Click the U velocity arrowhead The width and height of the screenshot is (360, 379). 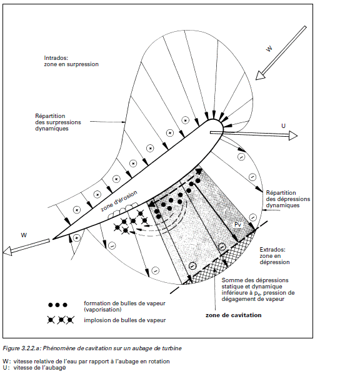[x=293, y=135]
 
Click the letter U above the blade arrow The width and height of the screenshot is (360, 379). [x=283, y=126]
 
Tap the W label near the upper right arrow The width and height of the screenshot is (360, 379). [x=269, y=49]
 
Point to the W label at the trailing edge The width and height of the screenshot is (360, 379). [x=24, y=235]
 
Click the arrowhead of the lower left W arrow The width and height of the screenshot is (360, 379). [x=7, y=251]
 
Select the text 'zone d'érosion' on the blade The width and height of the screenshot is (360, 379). [x=119, y=201]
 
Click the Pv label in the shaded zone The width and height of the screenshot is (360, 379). [x=238, y=225]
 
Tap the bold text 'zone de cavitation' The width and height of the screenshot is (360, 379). [x=234, y=315]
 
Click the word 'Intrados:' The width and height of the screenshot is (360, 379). [x=56, y=58]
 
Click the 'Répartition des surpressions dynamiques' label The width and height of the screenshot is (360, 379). [x=58, y=122]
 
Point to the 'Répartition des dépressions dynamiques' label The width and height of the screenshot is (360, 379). [x=288, y=199]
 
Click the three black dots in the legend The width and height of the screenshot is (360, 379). [x=57, y=305]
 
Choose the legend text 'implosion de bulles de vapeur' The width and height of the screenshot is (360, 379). [x=125, y=320]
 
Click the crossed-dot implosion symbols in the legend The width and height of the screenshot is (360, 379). [x=61, y=320]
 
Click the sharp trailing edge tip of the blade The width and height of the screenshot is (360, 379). [x=53, y=239]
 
